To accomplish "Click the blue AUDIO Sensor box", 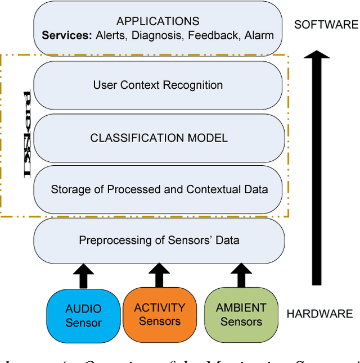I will pyautogui.click(x=83, y=315).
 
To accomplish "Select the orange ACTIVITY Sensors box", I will pyautogui.click(x=160, y=314).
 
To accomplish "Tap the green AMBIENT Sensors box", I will pyautogui.click(x=241, y=315).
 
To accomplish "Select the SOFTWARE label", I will pyautogui.click(x=326, y=25).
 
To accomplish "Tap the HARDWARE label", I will pyautogui.click(x=319, y=314).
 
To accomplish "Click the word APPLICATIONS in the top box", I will pyautogui.click(x=157, y=21).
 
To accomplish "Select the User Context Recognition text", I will pyautogui.click(x=157, y=85).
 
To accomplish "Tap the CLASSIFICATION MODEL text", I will pyautogui.click(x=159, y=138).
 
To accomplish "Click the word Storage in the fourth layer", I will pyautogui.click(x=69, y=189).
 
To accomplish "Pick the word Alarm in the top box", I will pyautogui.click(x=259, y=35).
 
